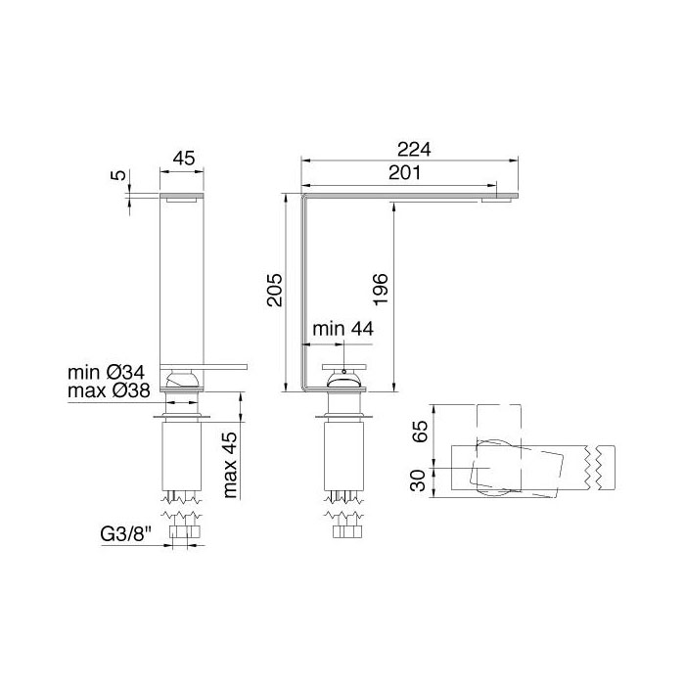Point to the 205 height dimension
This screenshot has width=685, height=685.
coord(276,291)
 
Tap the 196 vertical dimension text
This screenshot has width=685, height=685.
coord(381,291)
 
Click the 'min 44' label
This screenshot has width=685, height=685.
coord(342,331)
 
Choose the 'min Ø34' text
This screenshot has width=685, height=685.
coord(107,373)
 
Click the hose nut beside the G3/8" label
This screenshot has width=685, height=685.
coord(183,533)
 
